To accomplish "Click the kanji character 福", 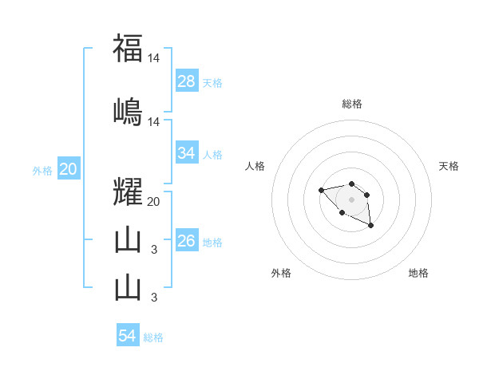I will coord(127,49).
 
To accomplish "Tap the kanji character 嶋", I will coord(127,111).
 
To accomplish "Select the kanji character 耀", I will coord(127,192).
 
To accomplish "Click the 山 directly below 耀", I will coord(127,241).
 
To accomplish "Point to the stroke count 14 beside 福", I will coord(153,58).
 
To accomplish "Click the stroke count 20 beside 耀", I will coord(153,202).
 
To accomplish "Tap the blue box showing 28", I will coord(187,81).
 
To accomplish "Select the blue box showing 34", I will coord(187,153).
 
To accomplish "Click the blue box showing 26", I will coord(187,241).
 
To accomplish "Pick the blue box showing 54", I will coord(128,336).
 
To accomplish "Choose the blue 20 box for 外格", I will coord(68,169).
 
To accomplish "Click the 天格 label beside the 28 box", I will coord(212,83).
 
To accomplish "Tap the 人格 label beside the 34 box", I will coord(212,155).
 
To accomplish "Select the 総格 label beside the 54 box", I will coord(153,337).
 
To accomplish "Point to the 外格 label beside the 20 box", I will coord(42,171).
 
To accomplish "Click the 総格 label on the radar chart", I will coord(351,104).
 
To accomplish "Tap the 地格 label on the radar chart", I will coord(418,273).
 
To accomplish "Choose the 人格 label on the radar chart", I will coord(255,166).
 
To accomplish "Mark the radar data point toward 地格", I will coord(371,227).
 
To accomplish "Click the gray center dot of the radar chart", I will coord(351,199).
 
